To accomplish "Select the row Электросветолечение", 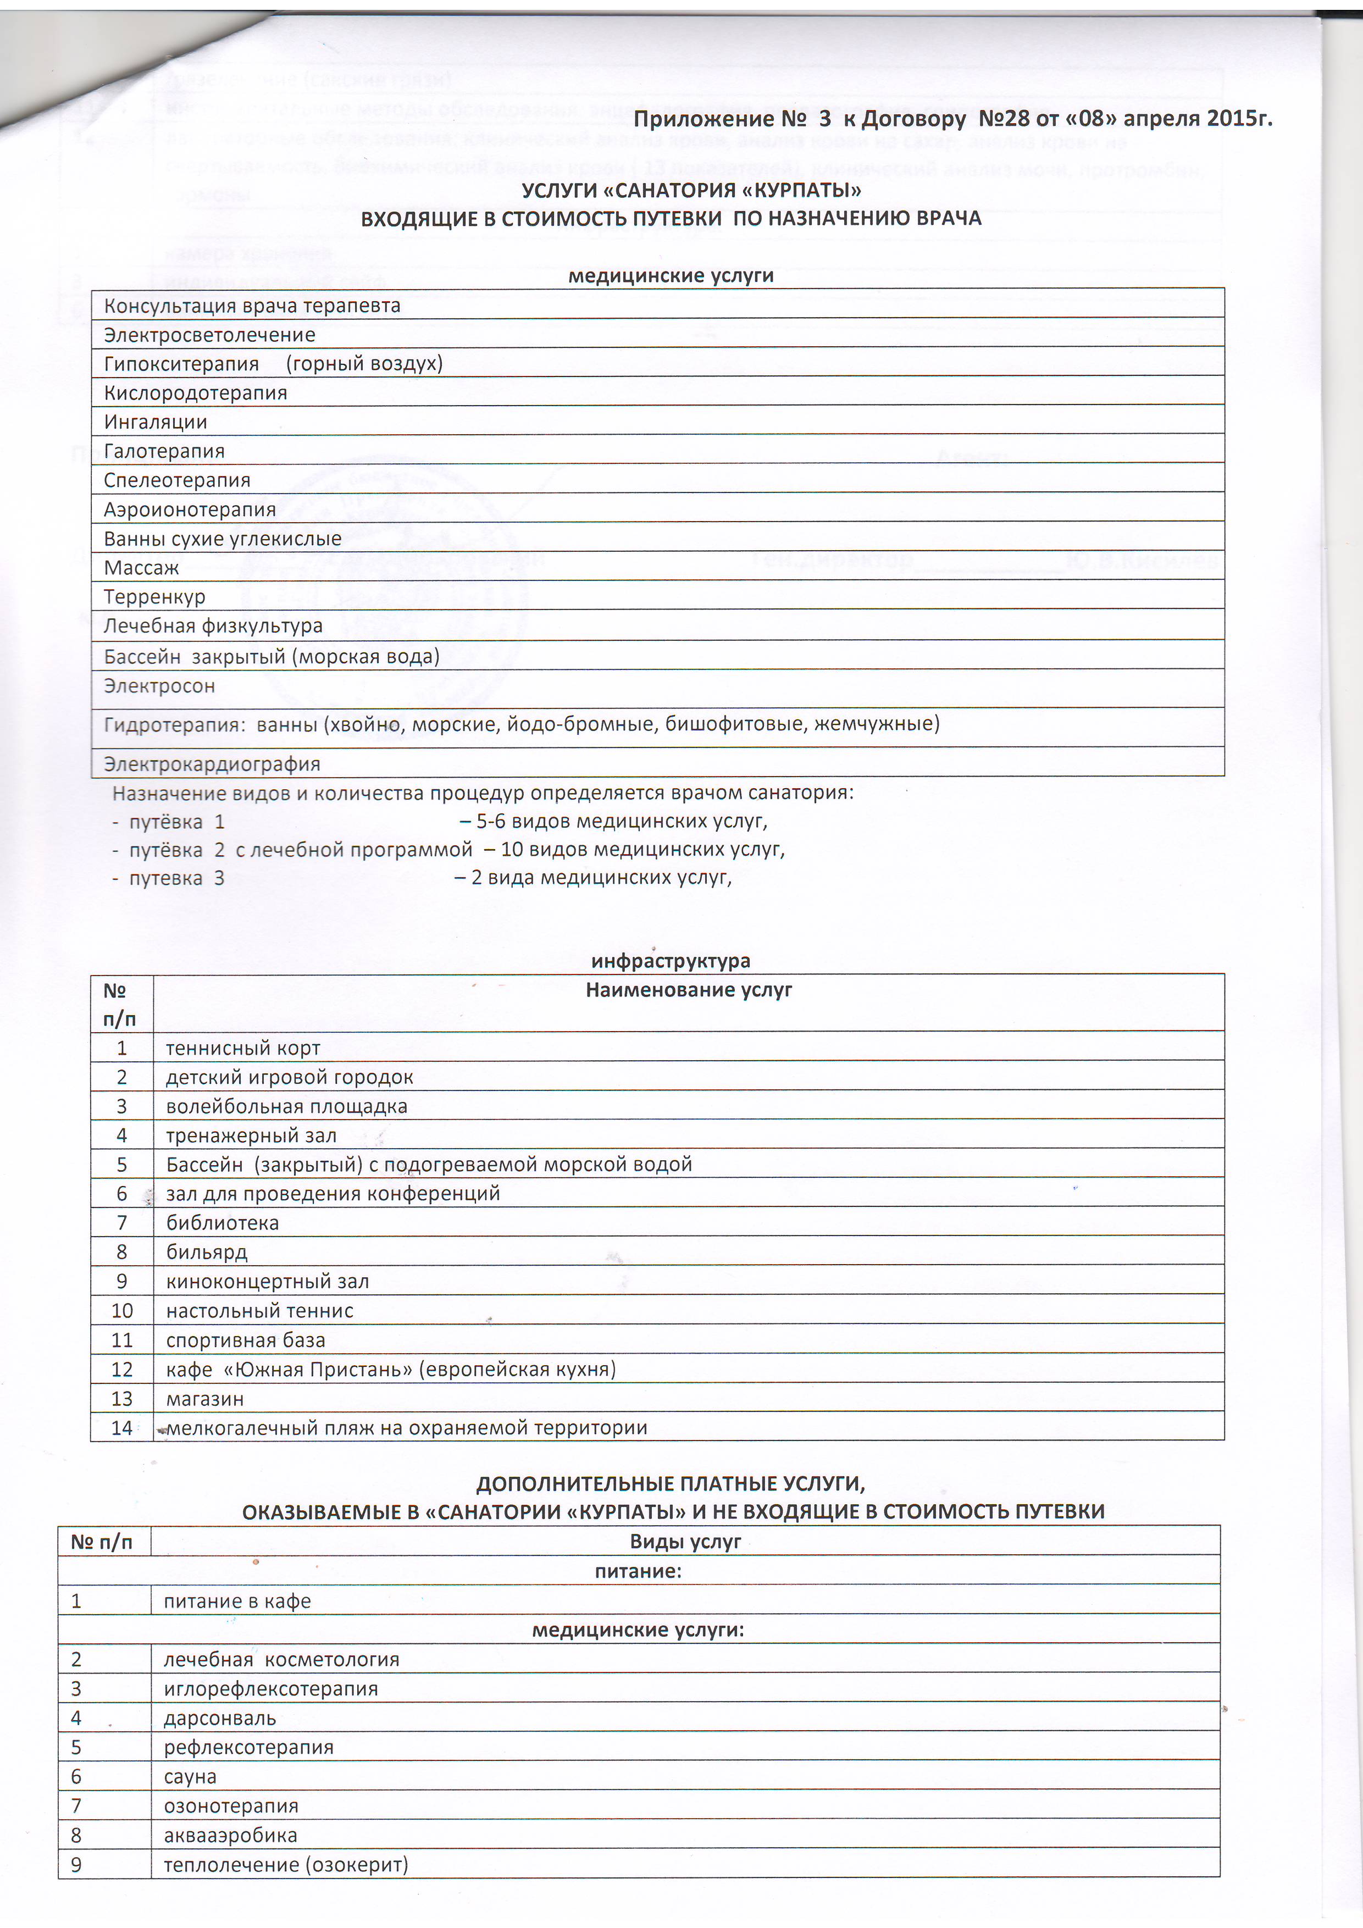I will (x=210, y=335).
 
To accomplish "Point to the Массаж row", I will (x=142, y=568).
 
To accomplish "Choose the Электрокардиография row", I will (x=213, y=764).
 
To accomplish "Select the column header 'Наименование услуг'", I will (x=689, y=990).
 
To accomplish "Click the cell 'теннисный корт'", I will (x=243, y=1048).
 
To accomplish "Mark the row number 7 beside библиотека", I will (x=122, y=1223).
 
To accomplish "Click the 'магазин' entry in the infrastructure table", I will (x=206, y=1398).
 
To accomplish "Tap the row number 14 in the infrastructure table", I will (x=122, y=1427).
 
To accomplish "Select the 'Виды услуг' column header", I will (x=685, y=1542).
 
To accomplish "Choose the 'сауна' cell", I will (x=191, y=1777).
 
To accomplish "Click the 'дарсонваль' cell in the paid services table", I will (x=220, y=1718).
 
